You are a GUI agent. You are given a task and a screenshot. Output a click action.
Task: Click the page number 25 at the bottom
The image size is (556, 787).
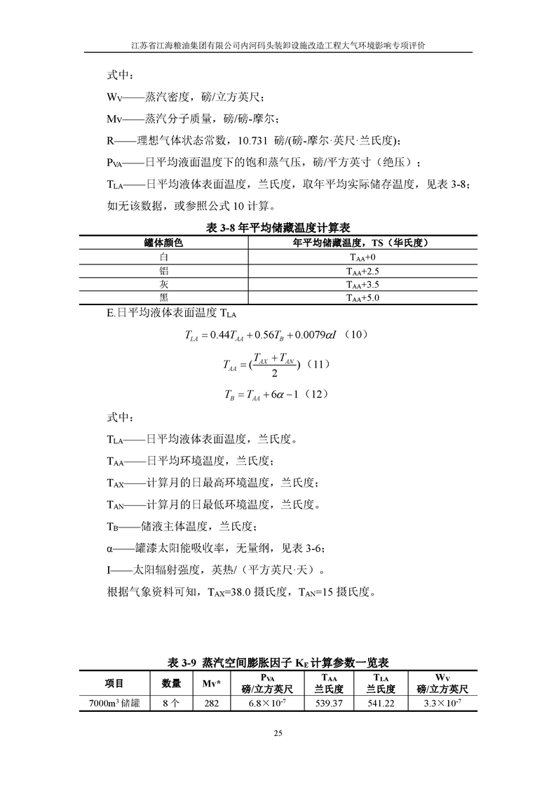coord(278,733)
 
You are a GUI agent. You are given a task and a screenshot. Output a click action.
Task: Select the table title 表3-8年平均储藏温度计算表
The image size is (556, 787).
coord(278,228)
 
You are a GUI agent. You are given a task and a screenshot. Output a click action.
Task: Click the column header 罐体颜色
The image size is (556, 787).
coord(163,243)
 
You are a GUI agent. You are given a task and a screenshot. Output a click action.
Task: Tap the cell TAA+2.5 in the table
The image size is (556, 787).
coord(362,271)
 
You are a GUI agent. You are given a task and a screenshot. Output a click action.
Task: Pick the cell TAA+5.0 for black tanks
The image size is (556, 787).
coord(362,297)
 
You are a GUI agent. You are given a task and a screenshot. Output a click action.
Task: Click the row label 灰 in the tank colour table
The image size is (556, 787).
coord(163,284)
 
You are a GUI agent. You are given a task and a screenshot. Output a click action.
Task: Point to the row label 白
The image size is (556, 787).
coord(163,257)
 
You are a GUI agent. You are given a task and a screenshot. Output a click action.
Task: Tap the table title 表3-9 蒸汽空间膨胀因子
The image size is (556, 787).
coord(278,662)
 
